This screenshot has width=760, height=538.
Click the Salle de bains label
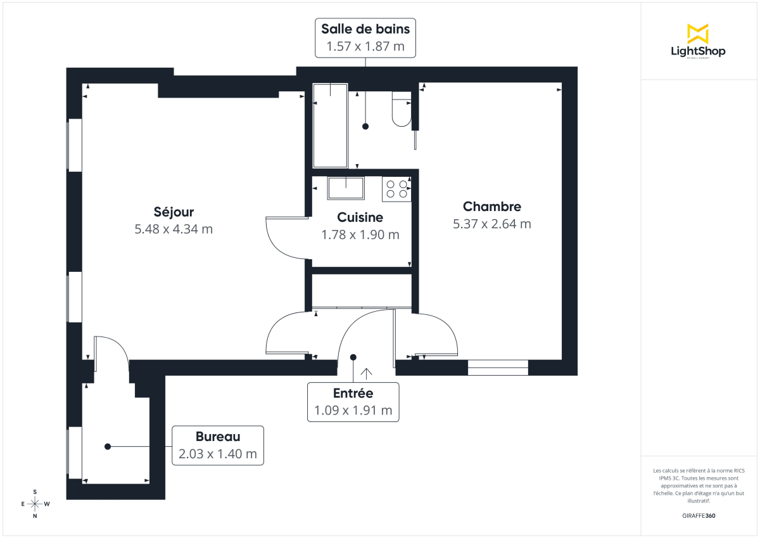pos(365,29)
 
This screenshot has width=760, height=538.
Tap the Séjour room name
pos(174,212)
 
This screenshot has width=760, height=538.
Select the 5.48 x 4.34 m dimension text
pos(174,229)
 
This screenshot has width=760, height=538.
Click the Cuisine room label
pos(360,217)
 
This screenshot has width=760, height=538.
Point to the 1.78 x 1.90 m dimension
pos(360,234)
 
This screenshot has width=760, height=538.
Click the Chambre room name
pos(492,207)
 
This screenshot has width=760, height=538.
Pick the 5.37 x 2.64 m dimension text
pos(492,224)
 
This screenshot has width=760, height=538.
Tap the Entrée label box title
pos(353,394)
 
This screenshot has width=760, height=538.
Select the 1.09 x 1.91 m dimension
pos(353,411)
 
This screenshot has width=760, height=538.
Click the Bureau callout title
pos(218,437)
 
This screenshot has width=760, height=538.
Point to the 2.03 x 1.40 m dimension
pos(218,454)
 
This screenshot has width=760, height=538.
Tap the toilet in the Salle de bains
pos(401,108)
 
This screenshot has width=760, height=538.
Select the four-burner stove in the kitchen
pos(396,189)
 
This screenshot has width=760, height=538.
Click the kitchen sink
pos(345,188)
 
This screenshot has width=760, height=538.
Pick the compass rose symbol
pos(35,504)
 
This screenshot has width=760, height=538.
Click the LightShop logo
pos(697,41)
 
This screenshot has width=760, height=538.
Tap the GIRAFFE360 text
pos(697,516)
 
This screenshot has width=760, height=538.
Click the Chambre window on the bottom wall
pos(498,367)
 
